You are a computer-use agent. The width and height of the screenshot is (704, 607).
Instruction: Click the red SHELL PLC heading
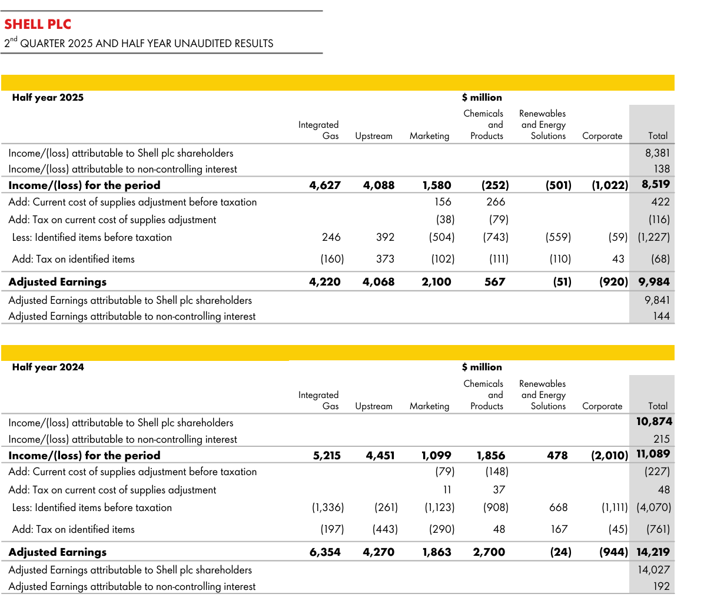pyautogui.click(x=38, y=24)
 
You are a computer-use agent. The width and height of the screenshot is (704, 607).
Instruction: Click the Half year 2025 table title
pyautogui.click(x=48, y=98)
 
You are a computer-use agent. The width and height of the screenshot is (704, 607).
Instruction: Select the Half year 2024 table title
pyautogui.click(x=48, y=367)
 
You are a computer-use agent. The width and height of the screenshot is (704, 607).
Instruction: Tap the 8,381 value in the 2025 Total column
pyautogui.click(x=657, y=153)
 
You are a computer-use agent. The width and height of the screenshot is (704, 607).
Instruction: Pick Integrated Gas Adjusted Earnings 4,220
pyautogui.click(x=325, y=282)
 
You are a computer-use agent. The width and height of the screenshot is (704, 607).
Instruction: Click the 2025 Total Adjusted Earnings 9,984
pyautogui.click(x=654, y=282)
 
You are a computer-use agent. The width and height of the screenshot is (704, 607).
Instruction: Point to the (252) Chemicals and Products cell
pyautogui.click(x=495, y=185)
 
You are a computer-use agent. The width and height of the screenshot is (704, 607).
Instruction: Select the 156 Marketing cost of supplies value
pyautogui.click(x=443, y=202)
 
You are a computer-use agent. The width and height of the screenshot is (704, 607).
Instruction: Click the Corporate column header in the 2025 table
pyautogui.click(x=602, y=136)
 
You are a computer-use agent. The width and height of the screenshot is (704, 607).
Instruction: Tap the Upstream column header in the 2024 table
pyautogui.click(x=374, y=406)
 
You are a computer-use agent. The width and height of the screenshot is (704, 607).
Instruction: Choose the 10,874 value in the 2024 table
pyautogui.click(x=654, y=422)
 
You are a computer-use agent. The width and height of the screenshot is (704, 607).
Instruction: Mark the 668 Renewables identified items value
pyautogui.click(x=558, y=508)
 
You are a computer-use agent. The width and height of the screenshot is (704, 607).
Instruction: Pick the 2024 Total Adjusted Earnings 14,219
pyautogui.click(x=653, y=552)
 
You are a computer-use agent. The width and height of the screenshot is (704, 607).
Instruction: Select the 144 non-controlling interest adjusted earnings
pyautogui.click(x=661, y=316)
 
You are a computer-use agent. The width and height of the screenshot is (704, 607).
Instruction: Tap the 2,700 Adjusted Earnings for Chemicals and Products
pyautogui.click(x=489, y=552)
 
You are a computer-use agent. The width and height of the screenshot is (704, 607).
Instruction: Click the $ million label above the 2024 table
pyautogui.click(x=482, y=367)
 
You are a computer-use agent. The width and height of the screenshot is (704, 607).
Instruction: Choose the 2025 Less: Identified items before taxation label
pyautogui.click(x=92, y=238)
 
